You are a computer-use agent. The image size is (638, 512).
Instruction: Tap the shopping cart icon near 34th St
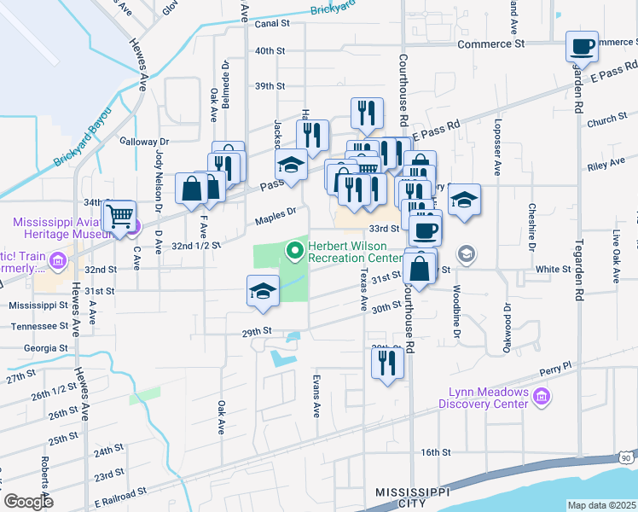119,214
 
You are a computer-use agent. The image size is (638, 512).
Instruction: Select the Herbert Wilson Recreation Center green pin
295,250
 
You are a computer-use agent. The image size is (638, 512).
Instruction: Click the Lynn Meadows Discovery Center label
487,399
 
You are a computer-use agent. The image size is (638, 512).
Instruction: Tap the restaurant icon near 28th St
387,363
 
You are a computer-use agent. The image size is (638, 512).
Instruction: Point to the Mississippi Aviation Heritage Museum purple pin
135,227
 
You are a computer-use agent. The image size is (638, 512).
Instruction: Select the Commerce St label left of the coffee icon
490,44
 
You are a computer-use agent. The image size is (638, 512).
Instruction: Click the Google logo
28,502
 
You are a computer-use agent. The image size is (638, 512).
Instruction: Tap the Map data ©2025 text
601,505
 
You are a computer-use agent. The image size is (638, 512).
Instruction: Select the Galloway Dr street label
145,142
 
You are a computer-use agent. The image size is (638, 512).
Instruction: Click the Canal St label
273,25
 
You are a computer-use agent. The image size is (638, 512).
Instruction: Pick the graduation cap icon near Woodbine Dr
465,201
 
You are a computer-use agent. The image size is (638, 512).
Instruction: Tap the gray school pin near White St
466,253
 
